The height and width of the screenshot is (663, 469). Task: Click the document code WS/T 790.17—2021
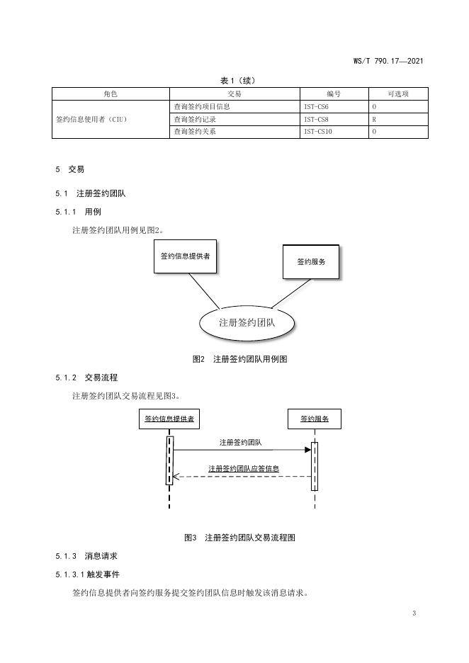coord(388,62)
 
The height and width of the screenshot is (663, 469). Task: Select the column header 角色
coord(111,93)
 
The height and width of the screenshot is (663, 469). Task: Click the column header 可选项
coord(398,93)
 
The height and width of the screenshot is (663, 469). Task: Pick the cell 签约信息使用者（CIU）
coord(91,119)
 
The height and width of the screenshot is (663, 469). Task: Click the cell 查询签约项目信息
coord(202,106)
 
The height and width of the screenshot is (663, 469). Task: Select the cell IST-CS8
coord(317,119)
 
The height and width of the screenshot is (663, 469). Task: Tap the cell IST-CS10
coord(318,131)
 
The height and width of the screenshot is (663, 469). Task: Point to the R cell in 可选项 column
coord(374,119)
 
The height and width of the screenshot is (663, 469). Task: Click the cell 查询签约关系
coord(195,131)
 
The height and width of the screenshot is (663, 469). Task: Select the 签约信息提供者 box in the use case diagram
coord(185,256)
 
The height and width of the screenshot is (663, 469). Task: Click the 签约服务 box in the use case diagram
coord(310,262)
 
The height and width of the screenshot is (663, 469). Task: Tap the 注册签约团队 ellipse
coord(247,322)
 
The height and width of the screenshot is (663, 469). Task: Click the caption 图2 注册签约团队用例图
coord(239,359)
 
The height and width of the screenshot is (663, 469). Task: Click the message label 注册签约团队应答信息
coord(244,468)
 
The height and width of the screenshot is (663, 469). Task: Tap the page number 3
coord(414,613)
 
